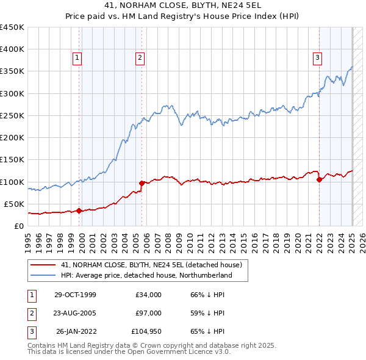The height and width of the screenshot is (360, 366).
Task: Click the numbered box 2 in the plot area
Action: (x=140, y=58)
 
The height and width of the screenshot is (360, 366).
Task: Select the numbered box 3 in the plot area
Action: (x=318, y=58)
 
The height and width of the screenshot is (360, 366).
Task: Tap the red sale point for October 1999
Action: (x=79, y=211)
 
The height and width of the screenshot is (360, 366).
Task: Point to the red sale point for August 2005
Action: (x=142, y=183)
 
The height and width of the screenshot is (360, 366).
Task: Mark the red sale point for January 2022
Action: (x=319, y=179)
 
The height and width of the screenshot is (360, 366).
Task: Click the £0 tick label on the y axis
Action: (x=18, y=226)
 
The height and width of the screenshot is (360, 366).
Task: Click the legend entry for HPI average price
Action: (x=146, y=275)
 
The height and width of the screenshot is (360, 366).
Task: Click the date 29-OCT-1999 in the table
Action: (x=74, y=295)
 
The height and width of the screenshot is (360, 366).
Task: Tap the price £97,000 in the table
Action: (x=149, y=313)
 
